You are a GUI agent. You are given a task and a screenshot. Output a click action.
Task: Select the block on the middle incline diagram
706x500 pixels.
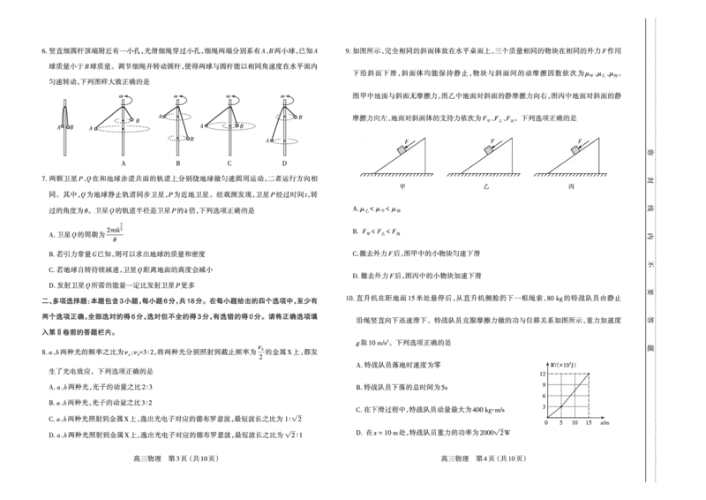[x=488, y=151]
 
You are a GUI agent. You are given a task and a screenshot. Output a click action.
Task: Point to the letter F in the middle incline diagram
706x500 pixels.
[x=492, y=140]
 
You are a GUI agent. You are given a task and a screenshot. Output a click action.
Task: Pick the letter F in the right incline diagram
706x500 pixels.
[x=579, y=140]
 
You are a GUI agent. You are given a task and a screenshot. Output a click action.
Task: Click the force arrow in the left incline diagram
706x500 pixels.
[x=409, y=145]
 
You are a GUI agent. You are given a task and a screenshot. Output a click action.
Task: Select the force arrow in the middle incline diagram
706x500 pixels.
[x=497, y=145]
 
